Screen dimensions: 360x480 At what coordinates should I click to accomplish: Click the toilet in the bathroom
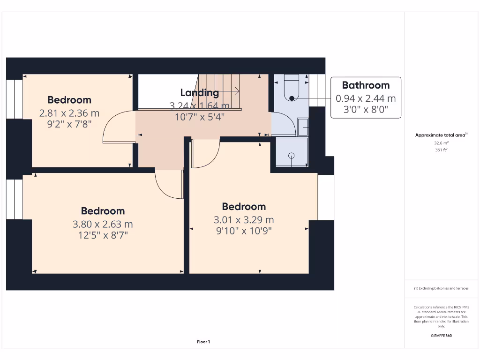tap(291, 88)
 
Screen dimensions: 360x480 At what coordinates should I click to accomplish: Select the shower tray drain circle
tap(292, 155)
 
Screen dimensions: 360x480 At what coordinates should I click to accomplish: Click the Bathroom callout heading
tap(366, 85)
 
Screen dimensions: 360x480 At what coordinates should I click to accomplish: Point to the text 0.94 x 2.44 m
tap(366, 98)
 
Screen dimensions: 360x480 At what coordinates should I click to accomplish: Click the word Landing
tap(200, 93)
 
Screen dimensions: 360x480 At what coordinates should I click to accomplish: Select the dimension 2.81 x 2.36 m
tap(69, 113)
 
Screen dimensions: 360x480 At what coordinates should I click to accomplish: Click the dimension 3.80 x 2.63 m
tap(103, 224)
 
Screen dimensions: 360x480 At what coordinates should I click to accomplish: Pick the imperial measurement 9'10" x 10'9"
tap(244, 231)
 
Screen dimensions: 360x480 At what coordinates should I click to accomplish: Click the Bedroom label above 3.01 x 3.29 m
tap(244, 207)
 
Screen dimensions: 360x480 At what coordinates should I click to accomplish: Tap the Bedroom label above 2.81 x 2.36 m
tap(69, 100)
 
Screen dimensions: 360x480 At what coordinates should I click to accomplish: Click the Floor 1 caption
tap(203, 342)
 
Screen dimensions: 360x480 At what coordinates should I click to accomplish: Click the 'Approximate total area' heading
tap(441, 135)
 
